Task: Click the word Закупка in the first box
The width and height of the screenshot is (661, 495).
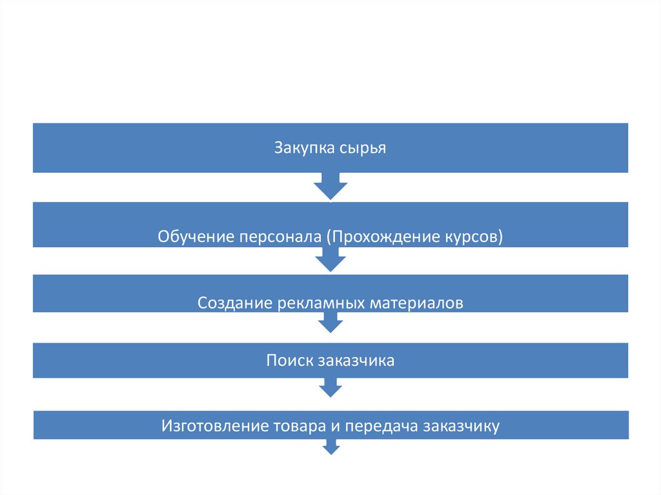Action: point(303,148)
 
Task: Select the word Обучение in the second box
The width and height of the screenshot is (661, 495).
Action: point(196,237)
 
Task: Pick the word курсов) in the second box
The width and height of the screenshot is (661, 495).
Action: point(473,237)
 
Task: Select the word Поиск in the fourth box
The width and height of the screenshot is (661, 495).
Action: point(289,360)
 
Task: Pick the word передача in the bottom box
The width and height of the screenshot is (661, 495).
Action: point(382,426)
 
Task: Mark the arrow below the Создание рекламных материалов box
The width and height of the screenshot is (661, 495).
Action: point(330,323)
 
